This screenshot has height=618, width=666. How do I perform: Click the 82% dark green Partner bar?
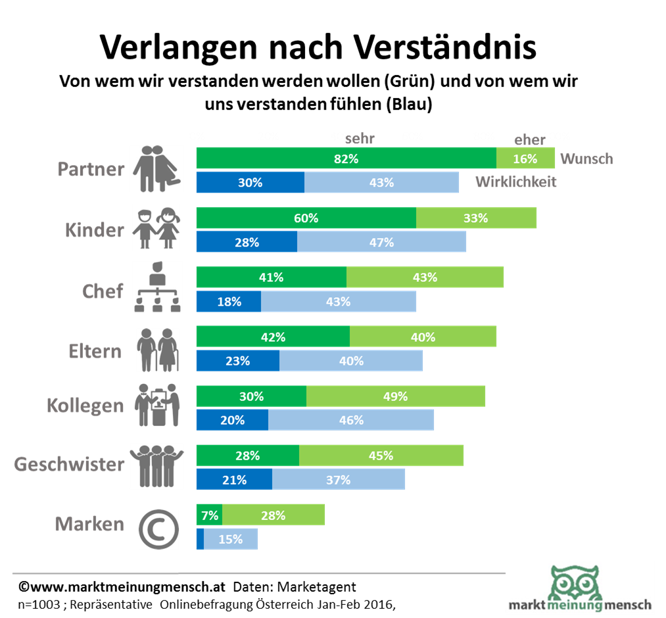point(346,158)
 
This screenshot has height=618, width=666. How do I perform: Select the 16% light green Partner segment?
point(525,158)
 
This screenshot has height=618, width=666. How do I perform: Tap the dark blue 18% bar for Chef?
point(229,302)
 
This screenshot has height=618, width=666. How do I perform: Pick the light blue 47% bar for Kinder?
point(381,242)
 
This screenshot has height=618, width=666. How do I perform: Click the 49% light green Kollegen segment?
point(395,396)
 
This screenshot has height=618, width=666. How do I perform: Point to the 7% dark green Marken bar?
point(209,515)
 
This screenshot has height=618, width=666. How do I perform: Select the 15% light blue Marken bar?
point(231,539)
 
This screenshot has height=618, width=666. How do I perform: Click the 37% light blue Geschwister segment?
point(338,480)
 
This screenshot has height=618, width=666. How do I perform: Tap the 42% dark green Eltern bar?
point(273,337)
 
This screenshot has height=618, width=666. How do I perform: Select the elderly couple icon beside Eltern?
point(158,349)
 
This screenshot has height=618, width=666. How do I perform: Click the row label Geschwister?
point(69,465)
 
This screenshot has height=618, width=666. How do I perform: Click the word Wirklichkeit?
point(516,182)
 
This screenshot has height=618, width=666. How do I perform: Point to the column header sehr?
point(360,138)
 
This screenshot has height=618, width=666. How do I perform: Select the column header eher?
point(530,139)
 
